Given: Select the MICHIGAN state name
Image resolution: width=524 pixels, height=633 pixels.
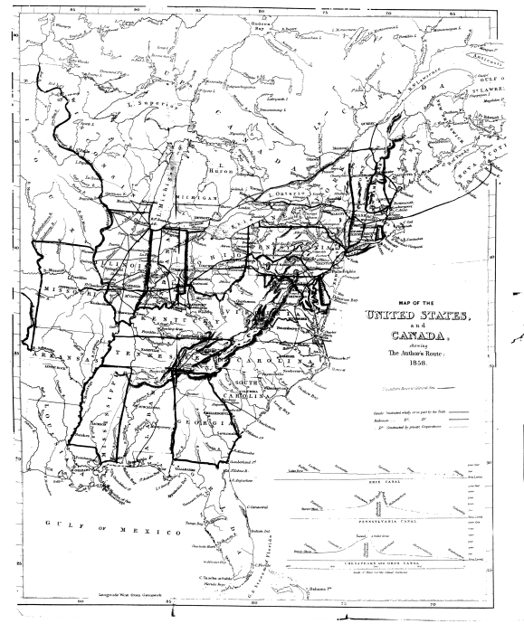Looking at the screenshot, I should coord(196,197).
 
